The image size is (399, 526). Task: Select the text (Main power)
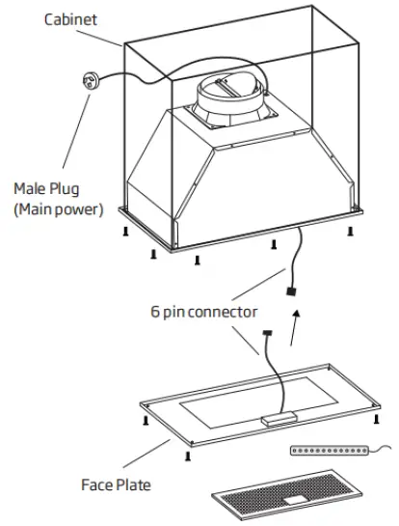click(57, 208)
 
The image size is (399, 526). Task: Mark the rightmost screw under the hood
click(350, 232)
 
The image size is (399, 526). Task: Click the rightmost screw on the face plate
click(374, 419)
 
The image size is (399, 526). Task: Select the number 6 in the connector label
click(154, 312)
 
